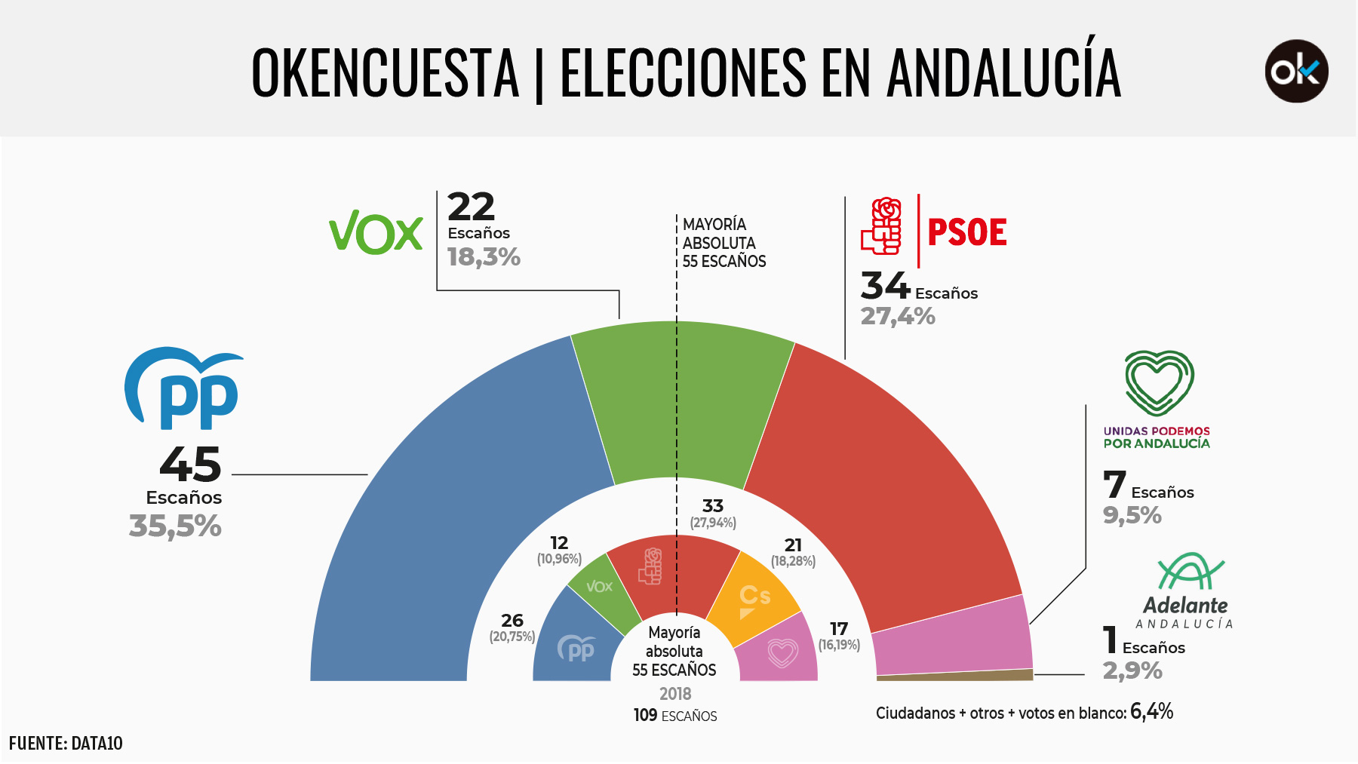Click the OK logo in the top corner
[x=1296, y=71]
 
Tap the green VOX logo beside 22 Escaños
[x=376, y=232]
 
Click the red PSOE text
[x=966, y=232]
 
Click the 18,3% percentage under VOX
[x=484, y=257]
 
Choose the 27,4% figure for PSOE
[x=898, y=316]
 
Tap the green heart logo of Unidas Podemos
[x=1159, y=382]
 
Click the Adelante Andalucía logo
[x=1185, y=592]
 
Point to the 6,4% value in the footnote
[x=1151, y=711]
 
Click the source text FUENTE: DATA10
[x=66, y=744]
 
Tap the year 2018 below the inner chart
[x=675, y=694]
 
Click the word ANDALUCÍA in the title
[x=1003, y=72]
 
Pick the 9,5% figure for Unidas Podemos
[x=1132, y=516]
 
